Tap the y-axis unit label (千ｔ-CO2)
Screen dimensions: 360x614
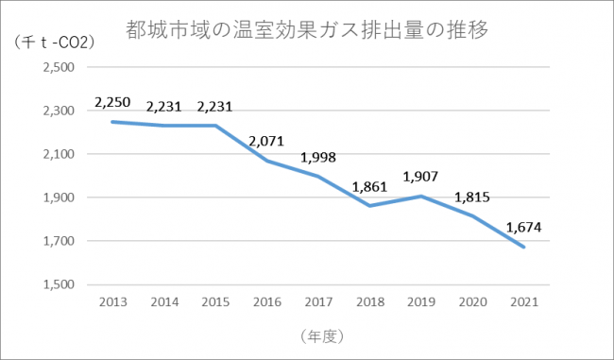(x=55, y=43)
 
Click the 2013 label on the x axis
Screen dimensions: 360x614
(x=111, y=301)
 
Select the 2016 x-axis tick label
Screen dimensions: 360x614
(x=268, y=301)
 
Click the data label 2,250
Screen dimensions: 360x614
(x=111, y=102)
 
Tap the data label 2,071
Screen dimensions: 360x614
(x=268, y=143)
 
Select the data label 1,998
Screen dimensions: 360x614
(x=319, y=157)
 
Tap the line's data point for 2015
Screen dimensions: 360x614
(x=216, y=126)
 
